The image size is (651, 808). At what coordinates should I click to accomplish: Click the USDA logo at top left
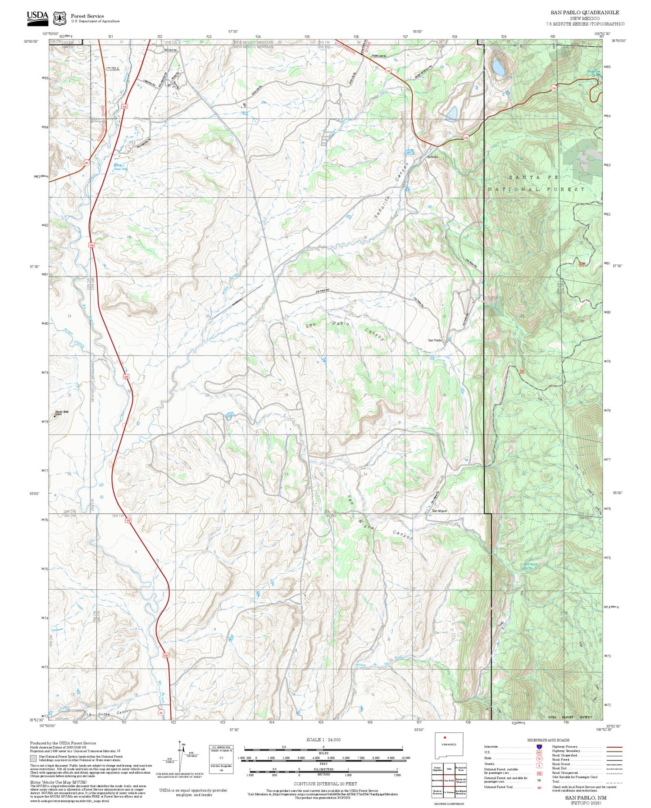pos(37,17)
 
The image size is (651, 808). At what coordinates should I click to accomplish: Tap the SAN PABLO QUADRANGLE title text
pos(584,13)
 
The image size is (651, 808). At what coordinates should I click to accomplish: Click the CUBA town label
pos(112,69)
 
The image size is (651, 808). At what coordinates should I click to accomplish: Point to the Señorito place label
pos(432,157)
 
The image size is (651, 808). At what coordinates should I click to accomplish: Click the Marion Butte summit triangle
pos(55,416)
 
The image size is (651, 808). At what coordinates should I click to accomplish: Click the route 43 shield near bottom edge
pos(160,713)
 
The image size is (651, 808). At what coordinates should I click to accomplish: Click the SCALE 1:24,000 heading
pos(323,740)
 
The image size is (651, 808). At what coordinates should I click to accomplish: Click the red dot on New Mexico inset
pos(445,750)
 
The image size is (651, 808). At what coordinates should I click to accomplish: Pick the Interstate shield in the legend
pos(539,747)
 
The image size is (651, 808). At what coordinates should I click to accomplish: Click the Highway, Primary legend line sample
pos(614,747)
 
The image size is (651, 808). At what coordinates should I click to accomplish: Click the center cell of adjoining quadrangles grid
pos(449,781)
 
